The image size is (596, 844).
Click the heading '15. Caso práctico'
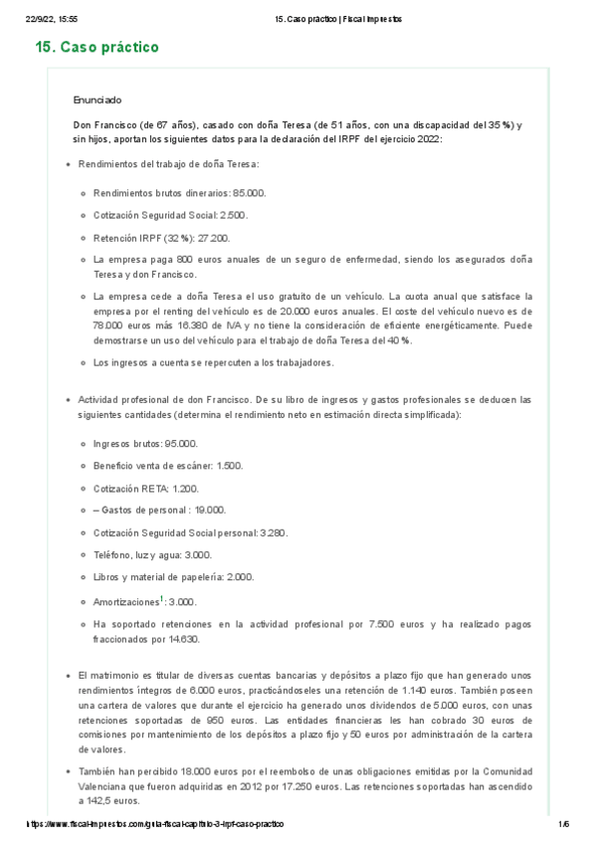click(x=97, y=48)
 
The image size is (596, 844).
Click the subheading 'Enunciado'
click(x=98, y=101)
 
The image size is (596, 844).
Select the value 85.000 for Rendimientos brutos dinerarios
click(x=249, y=192)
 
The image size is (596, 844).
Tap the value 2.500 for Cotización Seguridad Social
click(x=232, y=215)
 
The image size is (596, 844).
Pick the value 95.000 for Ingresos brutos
click(x=181, y=443)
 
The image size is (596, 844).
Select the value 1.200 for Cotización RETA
click(x=185, y=488)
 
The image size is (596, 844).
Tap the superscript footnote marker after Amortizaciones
click(x=160, y=598)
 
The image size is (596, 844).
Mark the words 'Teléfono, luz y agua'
click(x=130, y=555)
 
